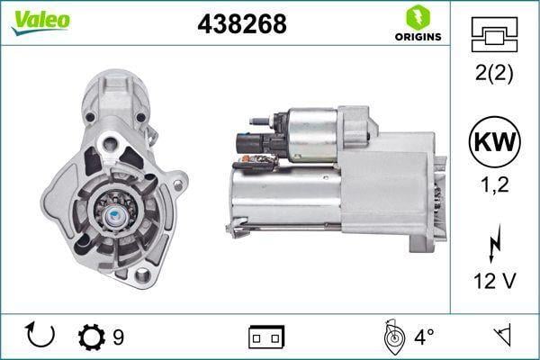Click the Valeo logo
tap(40, 22)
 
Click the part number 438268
tap(242, 24)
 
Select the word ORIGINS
tap(418, 37)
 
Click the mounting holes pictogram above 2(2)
tap(494, 34)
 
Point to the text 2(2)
tap(494, 73)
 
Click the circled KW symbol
tap(494, 142)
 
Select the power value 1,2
tap(494, 184)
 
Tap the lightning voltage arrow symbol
tap(494, 243)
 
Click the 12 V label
tap(494, 281)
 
